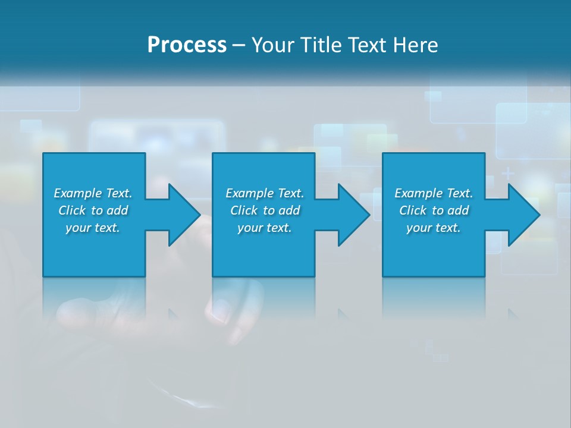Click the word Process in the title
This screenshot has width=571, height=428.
187,45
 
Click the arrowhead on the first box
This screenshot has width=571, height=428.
184,215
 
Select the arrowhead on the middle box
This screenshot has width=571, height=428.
354,215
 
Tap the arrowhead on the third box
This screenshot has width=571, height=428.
523,215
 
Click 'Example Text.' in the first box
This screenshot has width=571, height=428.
93,193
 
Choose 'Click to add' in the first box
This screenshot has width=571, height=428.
93,210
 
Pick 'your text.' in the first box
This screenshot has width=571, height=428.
93,228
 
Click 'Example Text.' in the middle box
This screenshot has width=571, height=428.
265,193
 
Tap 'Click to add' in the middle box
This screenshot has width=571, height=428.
265,210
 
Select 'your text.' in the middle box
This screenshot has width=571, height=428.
265,228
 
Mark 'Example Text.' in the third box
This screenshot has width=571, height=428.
434,193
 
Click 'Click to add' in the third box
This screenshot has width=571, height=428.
434,210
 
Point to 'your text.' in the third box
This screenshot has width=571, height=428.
434,228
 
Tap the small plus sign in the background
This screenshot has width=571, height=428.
508,174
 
